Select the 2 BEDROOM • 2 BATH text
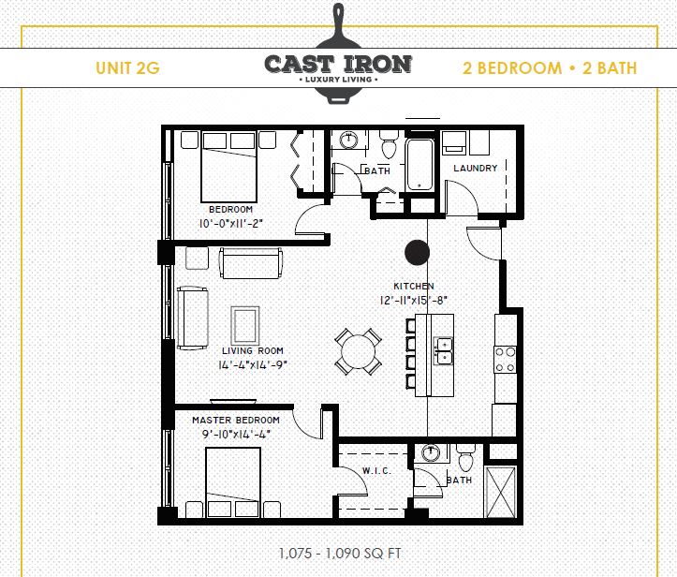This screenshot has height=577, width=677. click(x=550, y=67)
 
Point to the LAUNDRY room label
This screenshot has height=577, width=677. click(x=475, y=169)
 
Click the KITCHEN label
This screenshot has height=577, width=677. click(x=413, y=287)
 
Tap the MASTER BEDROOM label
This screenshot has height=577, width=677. click(x=236, y=421)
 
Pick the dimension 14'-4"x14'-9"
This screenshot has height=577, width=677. click(x=246, y=365)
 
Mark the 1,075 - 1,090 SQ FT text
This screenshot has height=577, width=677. click(x=340, y=553)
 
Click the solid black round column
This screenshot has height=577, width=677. click(x=417, y=251)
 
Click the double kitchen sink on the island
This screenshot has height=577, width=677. click(x=443, y=351)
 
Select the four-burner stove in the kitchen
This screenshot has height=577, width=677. click(x=506, y=359)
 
